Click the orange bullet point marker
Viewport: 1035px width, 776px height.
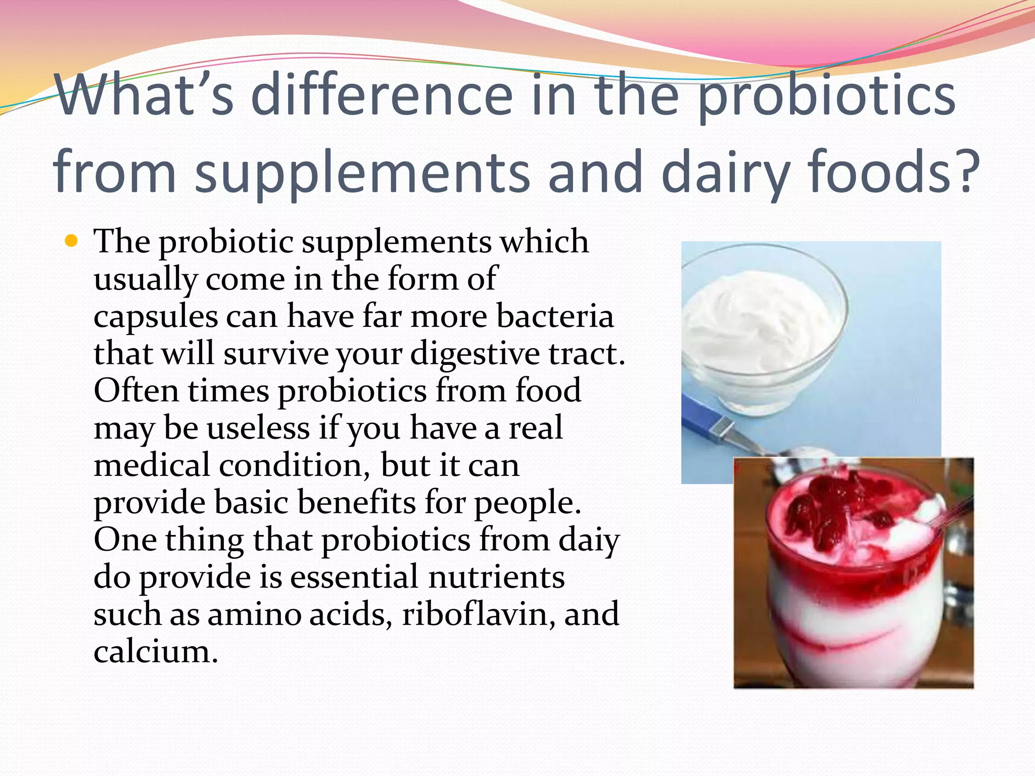tap(72, 241)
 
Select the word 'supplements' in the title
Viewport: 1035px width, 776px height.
tap(362, 173)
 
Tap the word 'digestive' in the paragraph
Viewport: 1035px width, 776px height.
tap(475, 354)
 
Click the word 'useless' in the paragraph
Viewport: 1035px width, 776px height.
tap(258, 428)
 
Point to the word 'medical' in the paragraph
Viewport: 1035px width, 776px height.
tap(152, 465)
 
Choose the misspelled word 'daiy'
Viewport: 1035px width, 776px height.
tap(589, 540)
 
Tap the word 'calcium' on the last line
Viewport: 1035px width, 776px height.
tap(155, 652)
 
